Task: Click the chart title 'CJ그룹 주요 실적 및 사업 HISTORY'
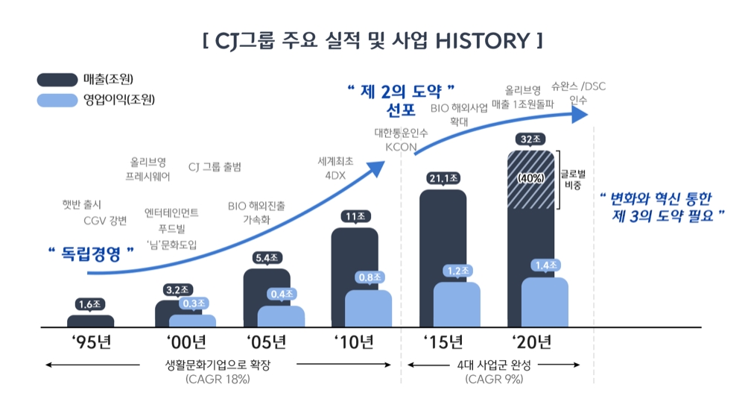372,40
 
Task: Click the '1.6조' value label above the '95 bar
91,304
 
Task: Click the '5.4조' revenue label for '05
267,258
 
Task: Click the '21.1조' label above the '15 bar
444,178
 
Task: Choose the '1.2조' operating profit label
456,271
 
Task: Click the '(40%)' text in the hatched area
532,178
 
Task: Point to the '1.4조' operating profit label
545,265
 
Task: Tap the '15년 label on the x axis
444,343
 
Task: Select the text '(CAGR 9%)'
493,379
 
